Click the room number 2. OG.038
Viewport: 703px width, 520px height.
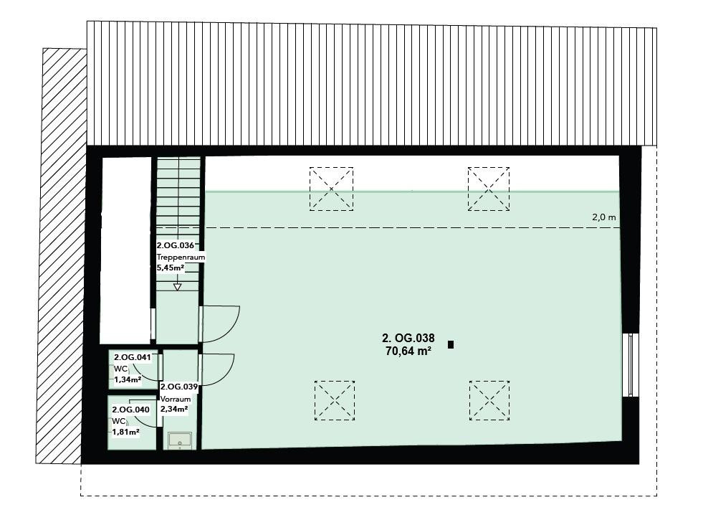[x=408, y=338]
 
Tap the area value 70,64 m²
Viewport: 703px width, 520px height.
[x=408, y=351]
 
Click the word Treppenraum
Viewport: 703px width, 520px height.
[x=181, y=257]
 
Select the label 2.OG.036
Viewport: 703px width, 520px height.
[x=176, y=245]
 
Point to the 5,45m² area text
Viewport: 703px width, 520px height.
[x=171, y=268]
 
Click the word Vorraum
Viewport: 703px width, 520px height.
[x=176, y=399]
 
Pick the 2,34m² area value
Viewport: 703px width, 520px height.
[x=174, y=409]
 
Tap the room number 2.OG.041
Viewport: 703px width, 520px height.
[x=133, y=358]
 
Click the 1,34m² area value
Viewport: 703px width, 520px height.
[x=128, y=379]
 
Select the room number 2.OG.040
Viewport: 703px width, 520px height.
[x=131, y=410]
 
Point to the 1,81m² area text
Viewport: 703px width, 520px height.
[x=125, y=432]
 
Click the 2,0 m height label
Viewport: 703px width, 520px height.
[x=604, y=217]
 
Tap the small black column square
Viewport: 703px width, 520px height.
[x=451, y=344]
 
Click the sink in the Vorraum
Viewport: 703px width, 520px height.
[x=181, y=440]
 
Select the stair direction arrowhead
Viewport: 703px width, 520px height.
[x=178, y=287]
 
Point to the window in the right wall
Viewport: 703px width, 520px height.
[x=631, y=365]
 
